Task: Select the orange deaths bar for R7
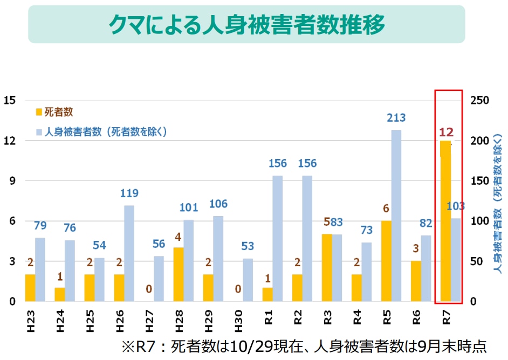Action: (x=445, y=221)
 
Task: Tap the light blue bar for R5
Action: (x=396, y=216)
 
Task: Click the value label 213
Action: (x=396, y=118)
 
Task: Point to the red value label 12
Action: (x=446, y=131)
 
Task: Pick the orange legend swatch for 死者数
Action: (x=38, y=113)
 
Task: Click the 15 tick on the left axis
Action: (x=9, y=100)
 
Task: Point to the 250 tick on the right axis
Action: (x=479, y=100)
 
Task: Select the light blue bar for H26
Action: (x=129, y=253)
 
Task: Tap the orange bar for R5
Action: (x=386, y=261)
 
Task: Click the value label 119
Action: (x=129, y=193)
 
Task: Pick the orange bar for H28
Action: (x=179, y=274)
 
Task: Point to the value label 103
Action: (x=456, y=206)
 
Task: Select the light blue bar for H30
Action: (x=248, y=280)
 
